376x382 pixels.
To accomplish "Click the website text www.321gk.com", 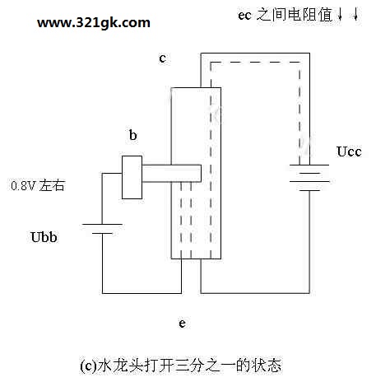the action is click(94, 23).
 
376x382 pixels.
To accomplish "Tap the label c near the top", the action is click(163, 58).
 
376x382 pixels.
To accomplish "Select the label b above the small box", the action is click(132, 135).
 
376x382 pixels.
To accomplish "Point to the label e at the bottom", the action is click(182, 324).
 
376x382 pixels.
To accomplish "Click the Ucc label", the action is click(349, 151).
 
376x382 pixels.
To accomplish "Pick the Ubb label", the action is click(44, 237).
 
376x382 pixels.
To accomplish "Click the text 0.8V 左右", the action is click(38, 186).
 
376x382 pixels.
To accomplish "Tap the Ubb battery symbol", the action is click(102, 229).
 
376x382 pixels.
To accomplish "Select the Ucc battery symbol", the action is click(309, 178).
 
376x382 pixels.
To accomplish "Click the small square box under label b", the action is click(132, 177).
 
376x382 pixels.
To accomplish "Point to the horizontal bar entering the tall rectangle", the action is click(172, 173).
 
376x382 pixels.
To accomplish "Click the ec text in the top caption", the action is click(244, 16).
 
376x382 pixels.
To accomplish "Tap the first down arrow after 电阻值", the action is click(340, 14).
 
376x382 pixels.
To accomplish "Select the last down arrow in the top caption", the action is click(355, 14).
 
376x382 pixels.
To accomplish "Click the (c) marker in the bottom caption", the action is click(88, 366).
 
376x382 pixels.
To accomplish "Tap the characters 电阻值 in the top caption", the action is click(310, 15).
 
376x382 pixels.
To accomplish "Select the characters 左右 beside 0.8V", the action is click(52, 186).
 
